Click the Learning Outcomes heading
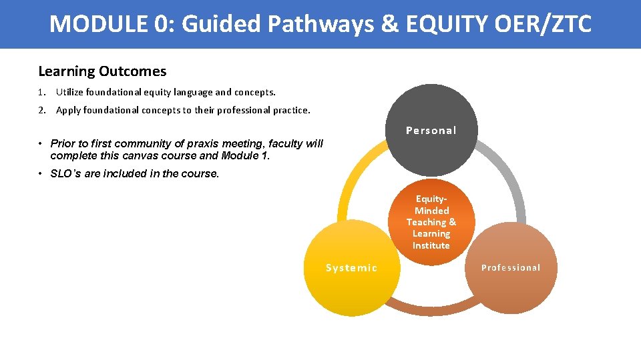coord(102,71)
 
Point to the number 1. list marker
coord(41,92)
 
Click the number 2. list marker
coord(41,110)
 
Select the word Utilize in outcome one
coord(70,92)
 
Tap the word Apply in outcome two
coord(68,110)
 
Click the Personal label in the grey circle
coord(431,131)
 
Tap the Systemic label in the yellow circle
coord(351,268)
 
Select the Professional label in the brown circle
coord(511,268)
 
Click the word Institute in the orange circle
coord(431,245)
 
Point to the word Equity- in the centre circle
coord(431,199)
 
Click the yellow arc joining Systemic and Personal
coord(351,180)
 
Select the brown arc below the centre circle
coord(427,307)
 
